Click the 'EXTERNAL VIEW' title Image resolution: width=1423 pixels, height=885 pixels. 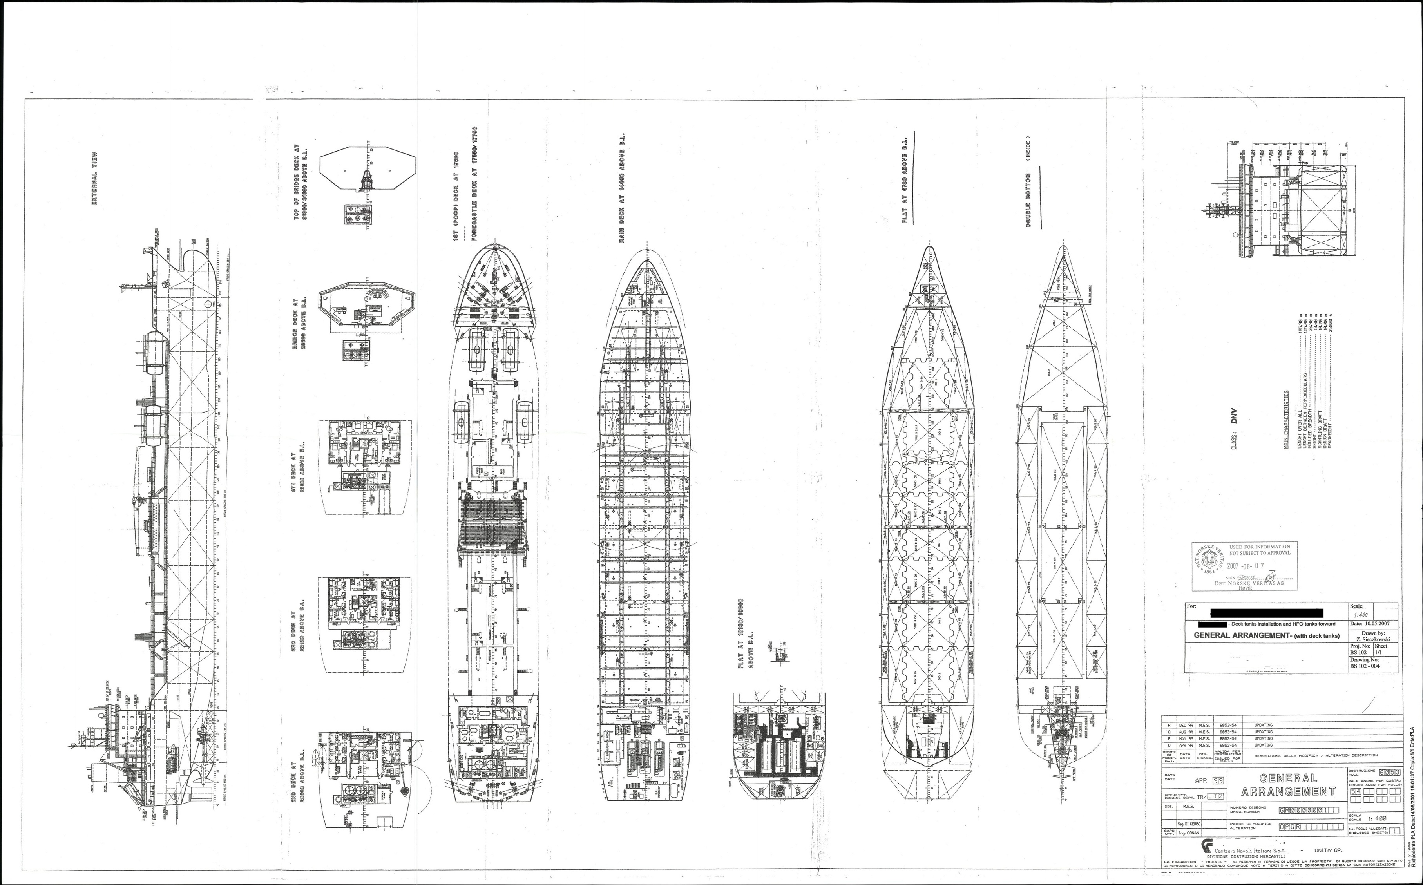click(94, 181)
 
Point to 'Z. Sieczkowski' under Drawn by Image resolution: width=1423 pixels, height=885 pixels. click(1372, 639)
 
